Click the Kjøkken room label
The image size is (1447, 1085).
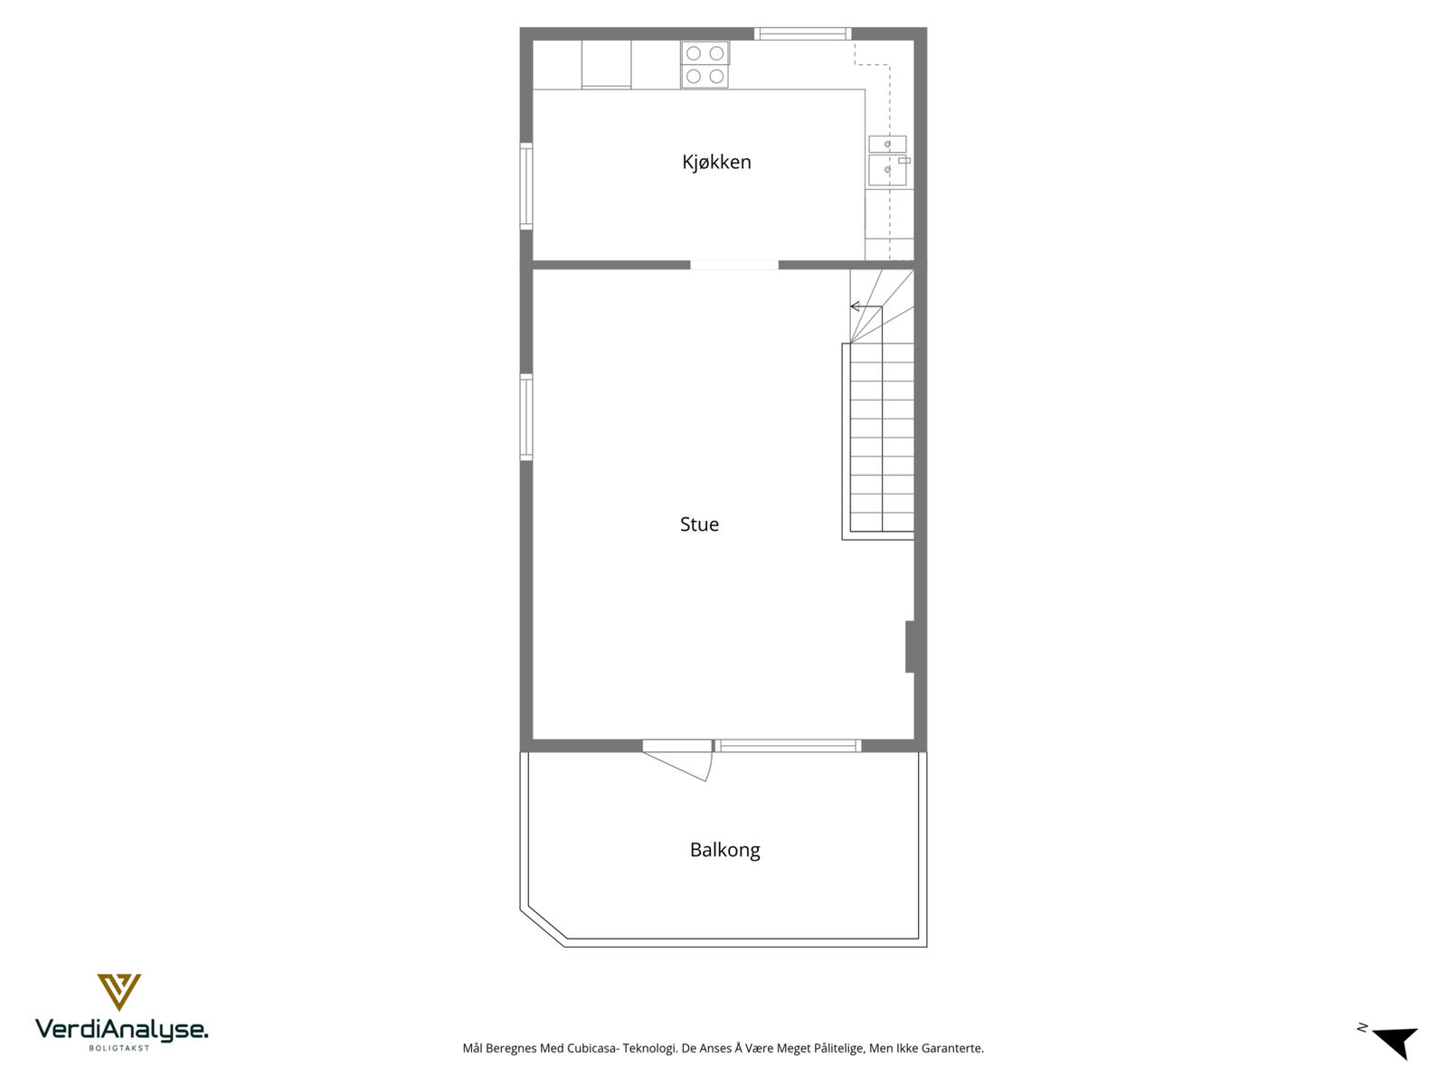pos(716,162)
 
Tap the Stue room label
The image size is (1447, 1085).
pos(699,524)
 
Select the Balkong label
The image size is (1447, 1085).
pos(724,850)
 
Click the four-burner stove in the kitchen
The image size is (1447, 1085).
pos(705,65)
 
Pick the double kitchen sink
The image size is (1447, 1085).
pos(887,160)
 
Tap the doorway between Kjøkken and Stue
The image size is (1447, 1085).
pos(734,265)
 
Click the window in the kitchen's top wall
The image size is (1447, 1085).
pos(803,34)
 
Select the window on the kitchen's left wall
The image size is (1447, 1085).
pos(526,186)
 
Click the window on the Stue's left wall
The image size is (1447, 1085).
pos(526,417)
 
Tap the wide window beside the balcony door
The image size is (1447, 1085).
pos(787,746)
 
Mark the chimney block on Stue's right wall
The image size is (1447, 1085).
pos(913,646)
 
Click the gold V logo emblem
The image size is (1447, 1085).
pos(119,991)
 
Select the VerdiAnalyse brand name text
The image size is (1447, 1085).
pos(121,1029)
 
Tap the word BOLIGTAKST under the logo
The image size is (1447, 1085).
pos(119,1048)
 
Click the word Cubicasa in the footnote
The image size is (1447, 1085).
pos(591,1049)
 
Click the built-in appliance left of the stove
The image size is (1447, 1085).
pos(606,64)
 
